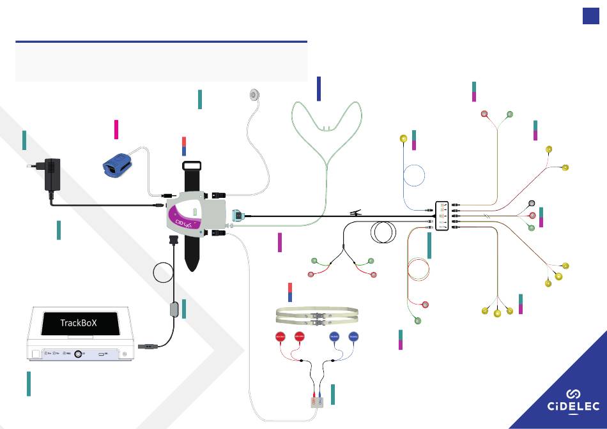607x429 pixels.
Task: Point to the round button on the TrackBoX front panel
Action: (x=78, y=353)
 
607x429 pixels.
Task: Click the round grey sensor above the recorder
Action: (x=254, y=95)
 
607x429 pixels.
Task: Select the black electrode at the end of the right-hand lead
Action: (x=532, y=204)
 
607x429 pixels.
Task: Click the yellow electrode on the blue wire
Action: (x=403, y=139)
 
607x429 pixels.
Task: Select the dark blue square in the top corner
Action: (x=590, y=17)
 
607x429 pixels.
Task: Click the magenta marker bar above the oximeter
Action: (x=116, y=128)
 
